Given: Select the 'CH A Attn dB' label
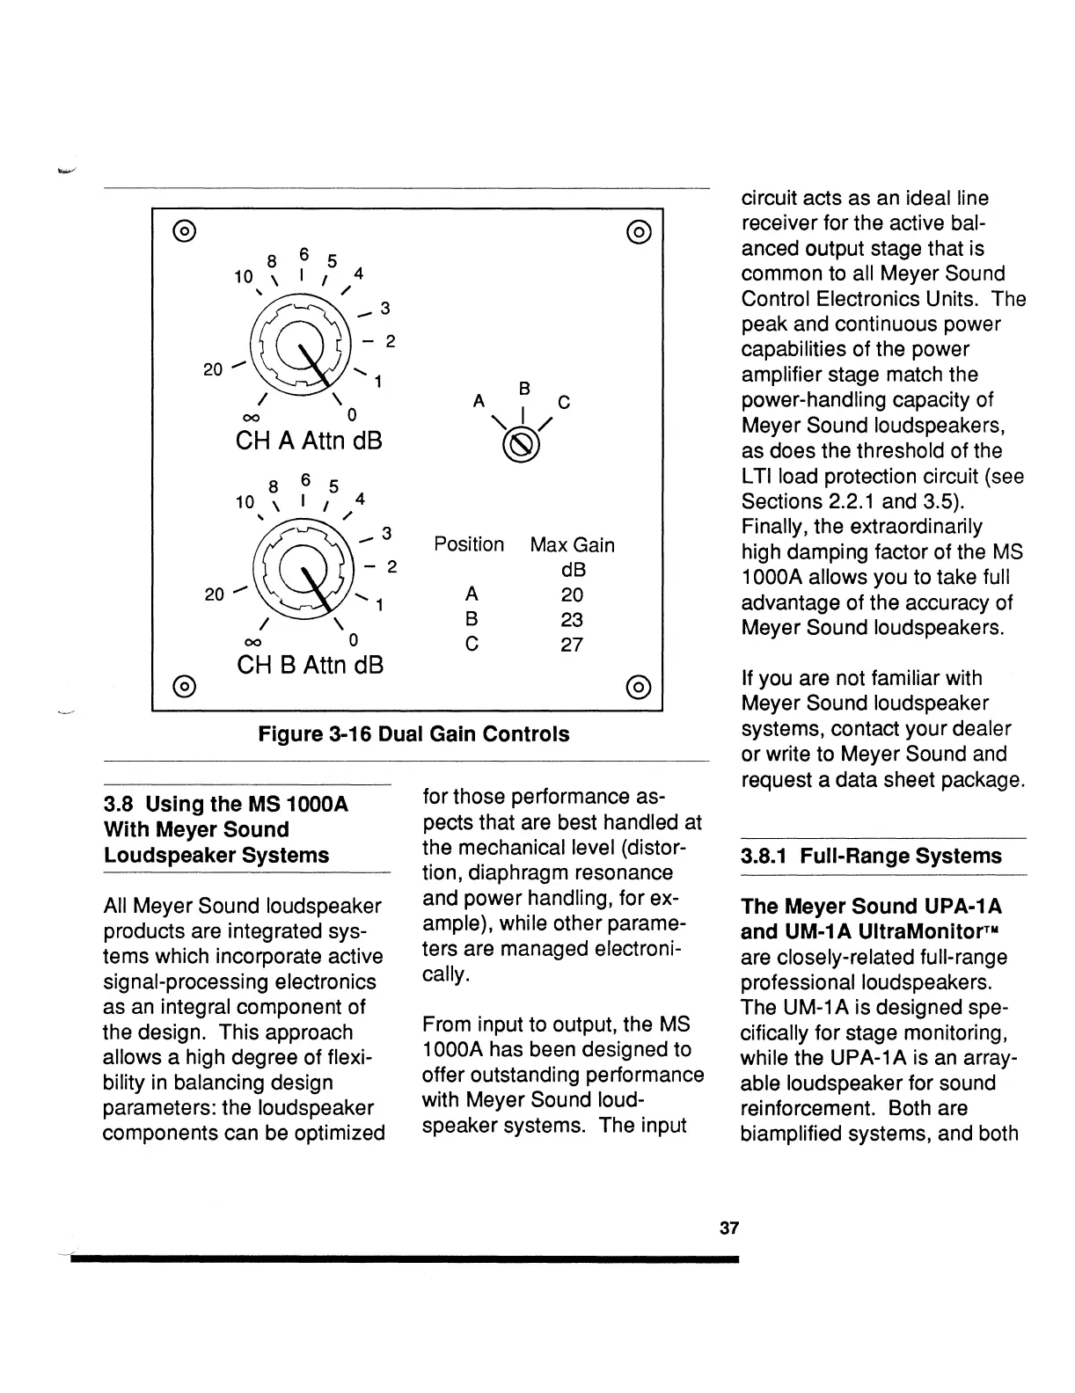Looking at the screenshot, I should point(309,440).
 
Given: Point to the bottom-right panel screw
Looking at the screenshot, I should point(640,686).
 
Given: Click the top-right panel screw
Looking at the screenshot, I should point(640,232).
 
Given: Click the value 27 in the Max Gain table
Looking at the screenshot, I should point(572,645).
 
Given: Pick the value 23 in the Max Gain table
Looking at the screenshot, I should point(572,619).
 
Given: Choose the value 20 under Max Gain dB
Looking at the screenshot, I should point(572,594).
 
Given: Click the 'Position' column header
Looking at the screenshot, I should point(469,544).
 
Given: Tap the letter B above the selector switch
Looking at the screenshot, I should point(523,388).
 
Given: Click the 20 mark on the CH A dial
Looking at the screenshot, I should point(213,369).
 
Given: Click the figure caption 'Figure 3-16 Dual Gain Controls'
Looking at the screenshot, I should point(413,733).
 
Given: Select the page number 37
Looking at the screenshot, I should point(728,1229).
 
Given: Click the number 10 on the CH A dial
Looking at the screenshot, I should point(244,277).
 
